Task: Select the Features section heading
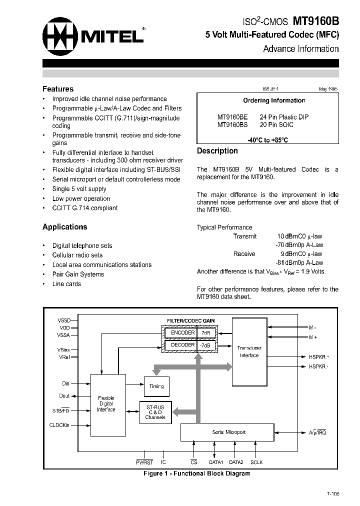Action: [58, 89]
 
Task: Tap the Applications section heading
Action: [64, 227]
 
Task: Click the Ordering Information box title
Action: [274, 100]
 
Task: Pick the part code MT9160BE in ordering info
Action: [232, 117]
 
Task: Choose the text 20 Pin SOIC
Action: [276, 124]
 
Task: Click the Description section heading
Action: [217, 151]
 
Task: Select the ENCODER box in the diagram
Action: [182, 332]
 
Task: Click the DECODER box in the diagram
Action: [182, 345]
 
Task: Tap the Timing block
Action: [156, 386]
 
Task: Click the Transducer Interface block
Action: [249, 351]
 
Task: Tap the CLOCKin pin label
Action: [60, 425]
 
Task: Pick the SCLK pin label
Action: [256, 462]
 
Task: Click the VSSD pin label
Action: [64, 320]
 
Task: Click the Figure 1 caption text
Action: [196, 473]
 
